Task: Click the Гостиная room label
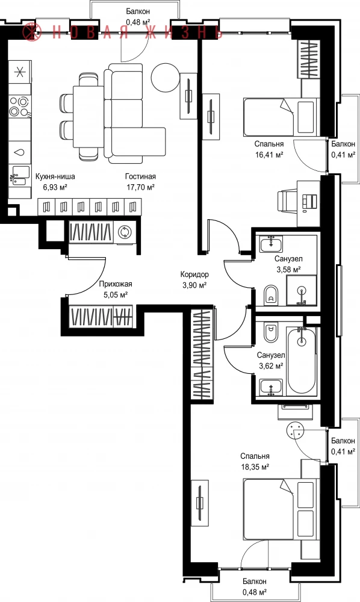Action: [140, 176]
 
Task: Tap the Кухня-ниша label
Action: [55, 176]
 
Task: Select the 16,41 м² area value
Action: [269, 155]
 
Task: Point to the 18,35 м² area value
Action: [254, 467]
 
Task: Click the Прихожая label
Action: [116, 284]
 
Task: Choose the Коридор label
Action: [194, 275]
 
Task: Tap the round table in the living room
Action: [165, 78]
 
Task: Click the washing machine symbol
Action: [125, 232]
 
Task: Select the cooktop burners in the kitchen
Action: [20, 107]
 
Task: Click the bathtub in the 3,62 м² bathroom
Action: [302, 361]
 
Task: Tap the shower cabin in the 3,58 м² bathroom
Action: [302, 291]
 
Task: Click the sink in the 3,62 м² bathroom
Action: [271, 387]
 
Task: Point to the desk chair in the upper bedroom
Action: [288, 201]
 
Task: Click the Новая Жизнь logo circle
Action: [31, 31]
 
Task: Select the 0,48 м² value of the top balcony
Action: [138, 23]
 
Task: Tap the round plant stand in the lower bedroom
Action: [296, 430]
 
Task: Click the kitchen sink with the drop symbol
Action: [20, 152]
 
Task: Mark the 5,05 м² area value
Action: [116, 295]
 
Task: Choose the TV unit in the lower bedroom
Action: [200, 503]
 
